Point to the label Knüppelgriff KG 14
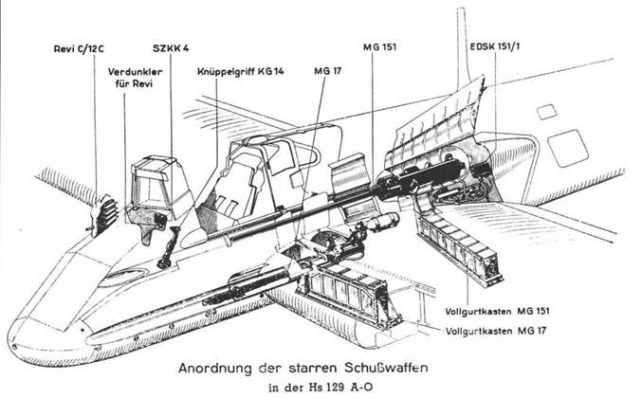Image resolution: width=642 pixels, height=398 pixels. tap(240, 71)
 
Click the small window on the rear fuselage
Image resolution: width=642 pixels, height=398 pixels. tap(546, 112)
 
